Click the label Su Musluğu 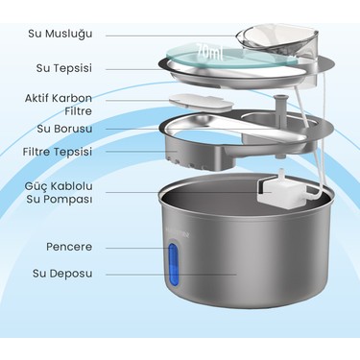(x=60, y=34)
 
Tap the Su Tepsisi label (x=64, y=68)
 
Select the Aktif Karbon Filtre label (x=59, y=105)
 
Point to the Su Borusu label (x=64, y=129)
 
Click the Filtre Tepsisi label (x=58, y=152)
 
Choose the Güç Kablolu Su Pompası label (x=60, y=193)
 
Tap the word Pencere (x=69, y=247)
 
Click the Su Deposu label (x=62, y=274)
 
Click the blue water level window (x=173, y=264)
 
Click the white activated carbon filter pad (x=201, y=103)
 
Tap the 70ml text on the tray (x=209, y=51)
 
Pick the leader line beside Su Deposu (x=171, y=275)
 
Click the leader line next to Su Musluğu (x=172, y=36)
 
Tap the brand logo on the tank (x=180, y=234)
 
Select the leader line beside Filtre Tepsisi (x=141, y=152)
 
